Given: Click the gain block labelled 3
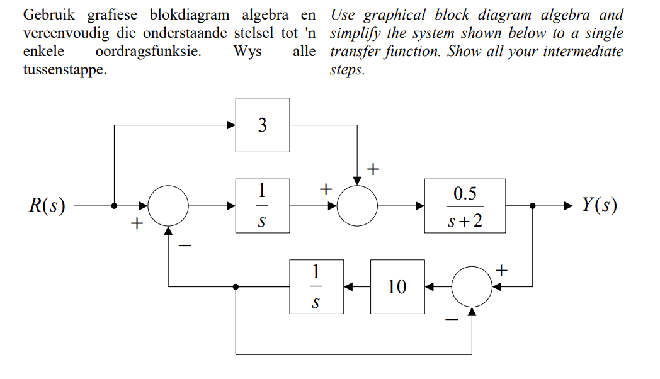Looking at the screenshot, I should tap(263, 125).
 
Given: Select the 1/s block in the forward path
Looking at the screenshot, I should tap(263, 205).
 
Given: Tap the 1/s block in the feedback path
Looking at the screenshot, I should tap(317, 286).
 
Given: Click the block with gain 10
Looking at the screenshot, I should tap(397, 286).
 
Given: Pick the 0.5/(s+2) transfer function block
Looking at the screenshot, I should tap(465, 205).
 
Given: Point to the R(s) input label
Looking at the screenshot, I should tap(47, 206).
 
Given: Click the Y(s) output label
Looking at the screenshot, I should tap(599, 206).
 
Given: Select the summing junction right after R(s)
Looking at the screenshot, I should tap(168, 205).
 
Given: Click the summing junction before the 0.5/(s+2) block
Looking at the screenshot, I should tap(357, 205).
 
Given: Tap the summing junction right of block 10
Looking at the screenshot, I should tap(472, 286).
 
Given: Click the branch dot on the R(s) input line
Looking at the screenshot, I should tap(114, 205).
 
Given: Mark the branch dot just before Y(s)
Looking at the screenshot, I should tap(533, 205).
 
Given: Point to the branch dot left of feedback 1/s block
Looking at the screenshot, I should tap(236, 286).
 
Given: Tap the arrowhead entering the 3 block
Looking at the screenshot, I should tap(231, 125).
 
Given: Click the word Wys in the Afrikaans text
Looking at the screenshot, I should tap(247, 52).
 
